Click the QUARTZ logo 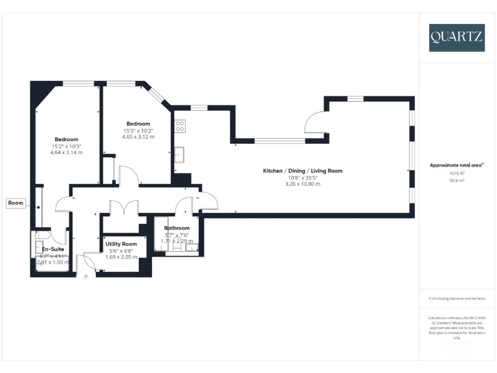click(456, 38)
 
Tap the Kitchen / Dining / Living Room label click(302, 171)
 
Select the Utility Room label click(122, 243)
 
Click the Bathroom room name click(177, 228)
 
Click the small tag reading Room click(16, 203)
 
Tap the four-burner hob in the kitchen click(179, 126)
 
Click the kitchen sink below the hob click(181, 154)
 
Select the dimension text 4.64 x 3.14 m click(66, 152)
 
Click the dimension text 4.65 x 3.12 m click(138, 137)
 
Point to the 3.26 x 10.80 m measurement click(302, 184)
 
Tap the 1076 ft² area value click(458, 174)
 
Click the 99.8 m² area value click(458, 181)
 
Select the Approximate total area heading click(457, 165)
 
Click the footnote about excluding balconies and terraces click(457, 299)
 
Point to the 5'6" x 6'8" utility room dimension click(121, 251)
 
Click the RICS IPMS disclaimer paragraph click(457, 328)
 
